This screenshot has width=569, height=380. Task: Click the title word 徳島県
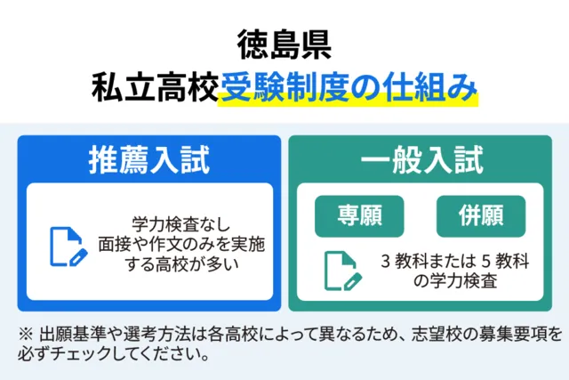pos(284,44)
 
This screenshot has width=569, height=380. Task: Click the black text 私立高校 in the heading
pos(155,87)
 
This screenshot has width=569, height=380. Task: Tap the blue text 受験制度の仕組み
pos(349,87)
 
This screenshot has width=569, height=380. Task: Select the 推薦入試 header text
pos(149,160)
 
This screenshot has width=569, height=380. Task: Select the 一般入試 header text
pos(422,160)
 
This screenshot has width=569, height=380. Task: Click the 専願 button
pos(359,216)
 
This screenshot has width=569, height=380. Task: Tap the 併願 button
pos(481,216)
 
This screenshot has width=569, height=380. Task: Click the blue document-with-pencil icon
pos(68,247)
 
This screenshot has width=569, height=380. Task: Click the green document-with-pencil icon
pos(342,271)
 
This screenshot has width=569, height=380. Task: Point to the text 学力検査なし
pos(180,224)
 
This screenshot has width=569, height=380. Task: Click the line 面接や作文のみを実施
pos(181,244)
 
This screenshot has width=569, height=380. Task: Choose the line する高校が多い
pos(181,264)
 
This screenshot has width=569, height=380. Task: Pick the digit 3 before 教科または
pos(385,262)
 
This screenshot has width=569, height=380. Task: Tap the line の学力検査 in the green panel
pos(455,281)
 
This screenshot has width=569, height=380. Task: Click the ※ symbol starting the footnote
pos(26,335)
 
